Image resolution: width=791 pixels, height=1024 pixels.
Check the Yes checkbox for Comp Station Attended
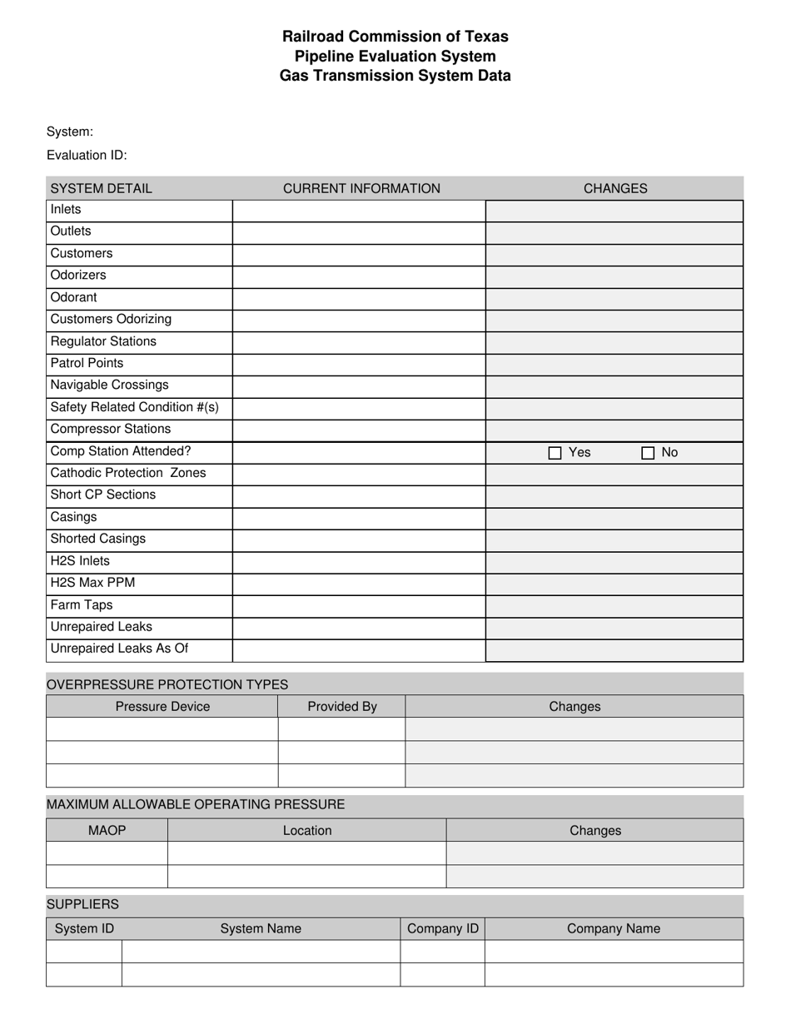(x=555, y=453)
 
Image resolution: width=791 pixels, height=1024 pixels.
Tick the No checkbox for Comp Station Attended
(x=648, y=453)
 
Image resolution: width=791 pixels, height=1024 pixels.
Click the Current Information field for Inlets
(x=359, y=211)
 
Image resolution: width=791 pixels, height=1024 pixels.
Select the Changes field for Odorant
(x=614, y=298)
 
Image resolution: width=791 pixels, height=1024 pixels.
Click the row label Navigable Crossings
(x=110, y=385)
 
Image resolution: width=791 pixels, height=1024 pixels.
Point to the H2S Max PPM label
(x=92, y=583)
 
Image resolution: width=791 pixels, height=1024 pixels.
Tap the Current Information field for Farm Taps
(x=359, y=606)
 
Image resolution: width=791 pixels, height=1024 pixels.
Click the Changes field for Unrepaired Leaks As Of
(x=614, y=650)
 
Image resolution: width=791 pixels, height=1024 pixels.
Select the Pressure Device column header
(x=162, y=707)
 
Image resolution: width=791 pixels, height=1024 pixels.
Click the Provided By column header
(x=342, y=707)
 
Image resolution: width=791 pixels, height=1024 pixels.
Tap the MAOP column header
(x=107, y=830)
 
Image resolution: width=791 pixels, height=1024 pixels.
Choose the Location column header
(x=307, y=830)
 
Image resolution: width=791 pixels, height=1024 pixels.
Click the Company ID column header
(x=443, y=928)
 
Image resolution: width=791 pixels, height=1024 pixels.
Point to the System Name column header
(x=261, y=928)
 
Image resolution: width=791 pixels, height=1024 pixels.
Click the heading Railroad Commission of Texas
(x=395, y=37)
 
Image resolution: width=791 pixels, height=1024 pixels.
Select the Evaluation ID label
(x=87, y=156)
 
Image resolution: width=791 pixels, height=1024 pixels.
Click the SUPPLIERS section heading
(x=82, y=904)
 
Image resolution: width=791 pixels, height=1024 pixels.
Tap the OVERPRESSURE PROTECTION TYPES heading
(x=167, y=684)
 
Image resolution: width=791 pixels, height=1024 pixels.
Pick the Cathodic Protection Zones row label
(x=128, y=473)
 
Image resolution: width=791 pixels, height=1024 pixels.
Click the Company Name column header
(x=614, y=928)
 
